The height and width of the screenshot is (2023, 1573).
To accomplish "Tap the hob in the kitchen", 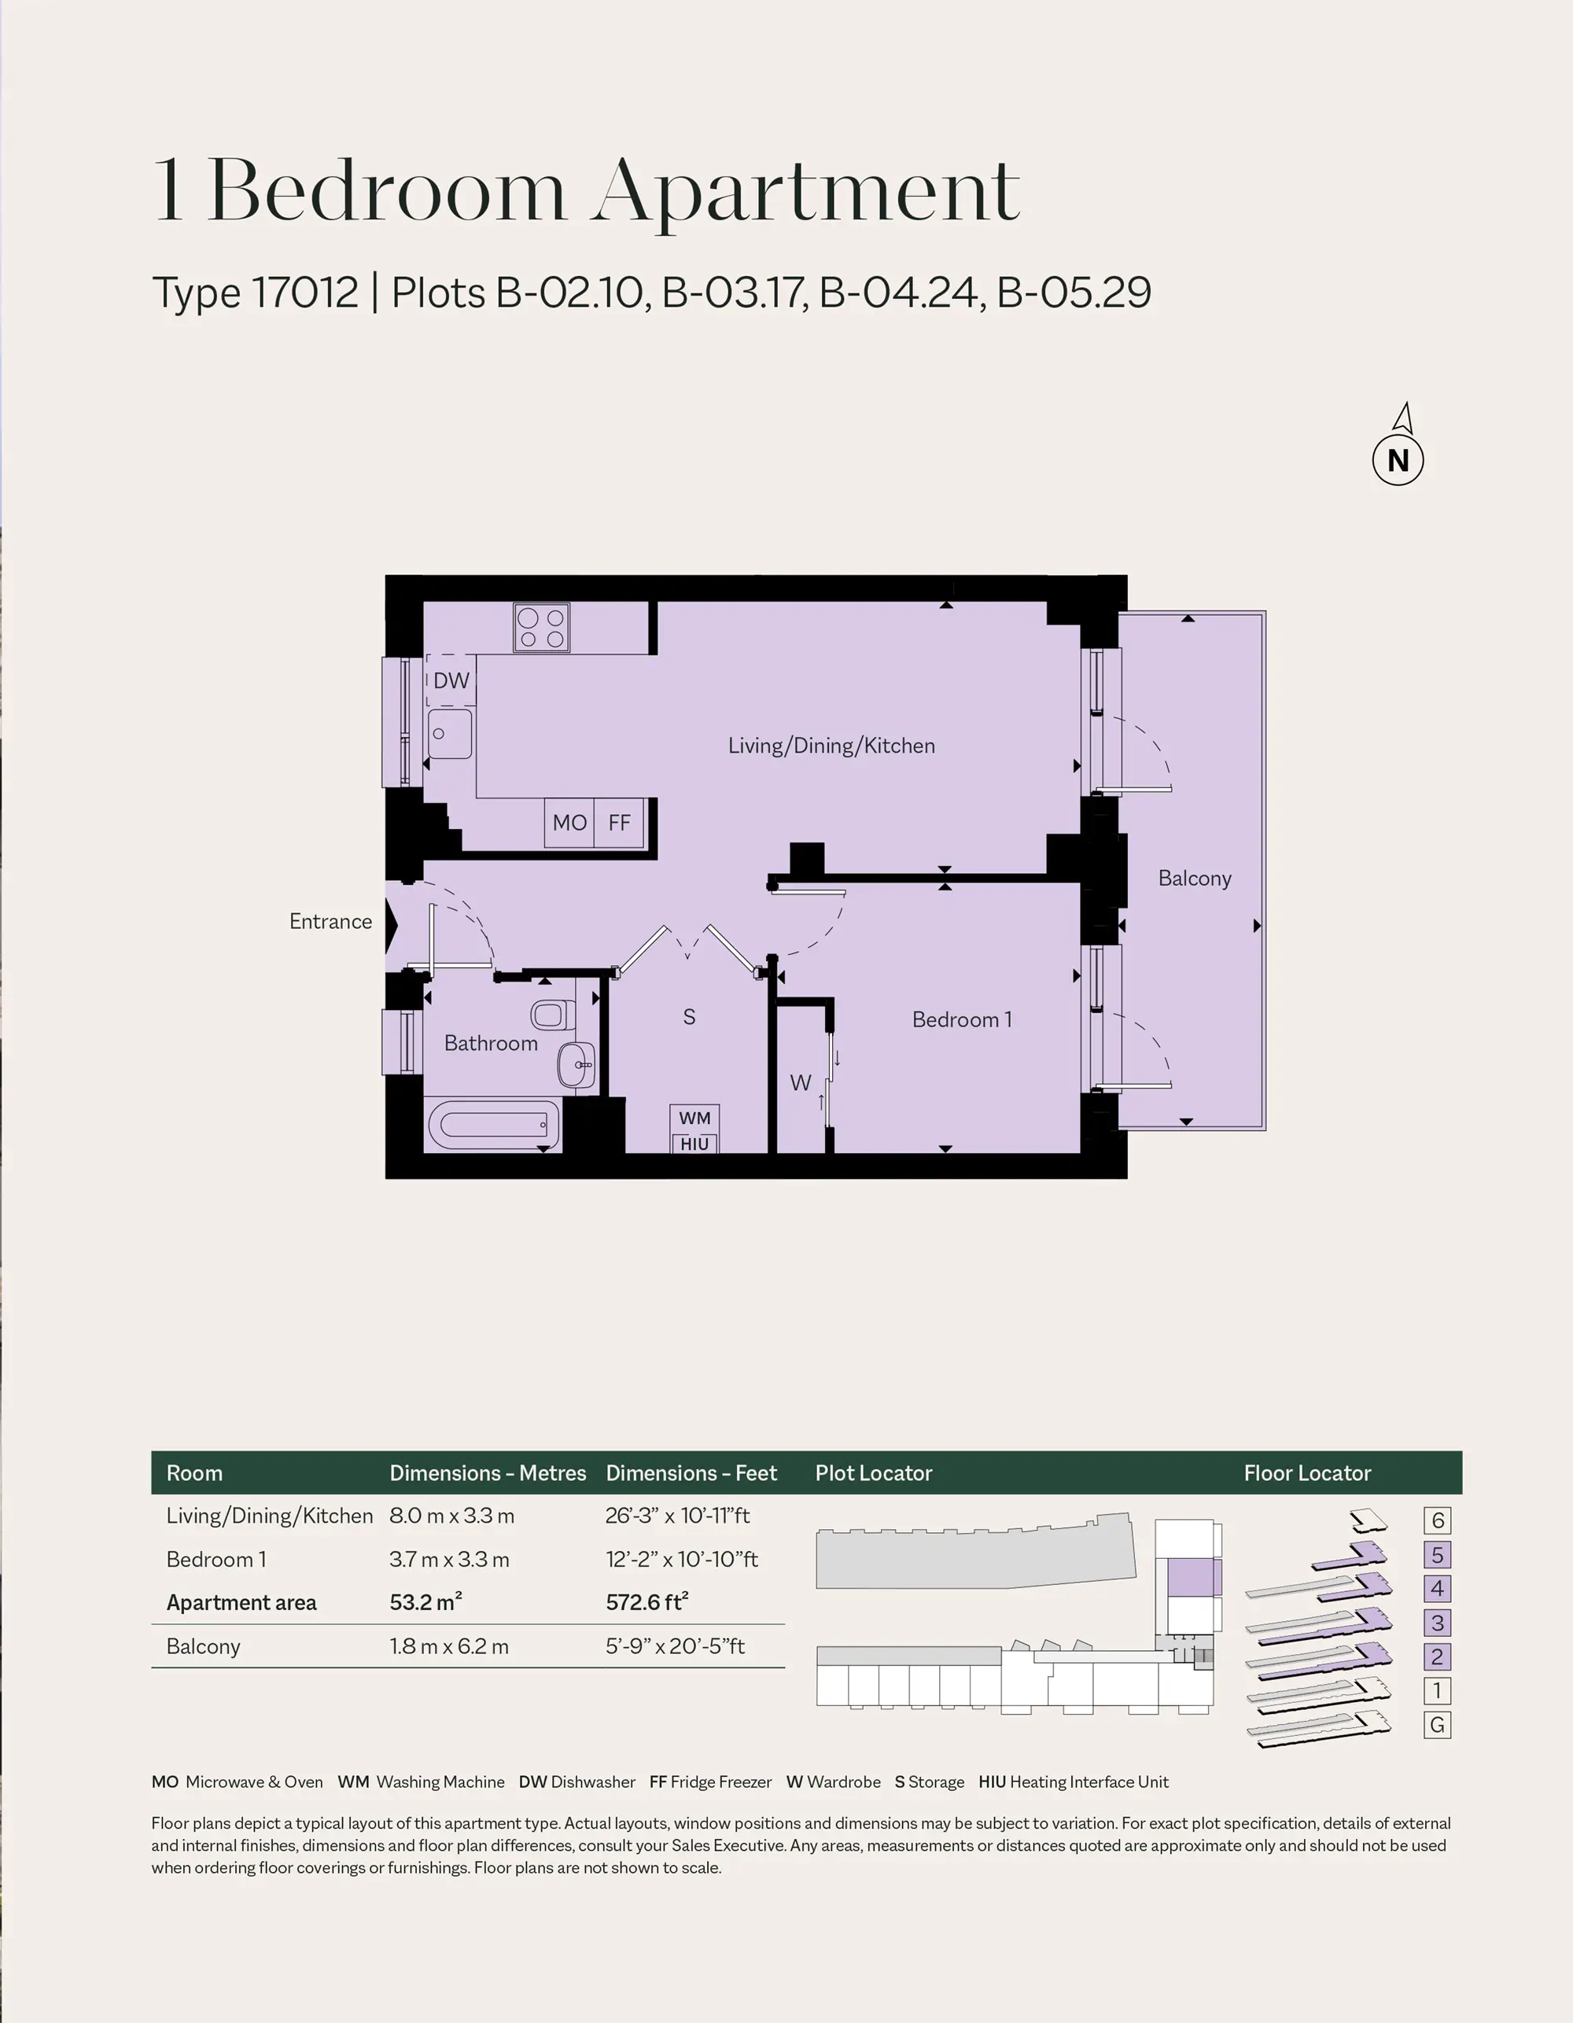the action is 542,627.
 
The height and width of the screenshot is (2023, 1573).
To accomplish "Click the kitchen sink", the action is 450,734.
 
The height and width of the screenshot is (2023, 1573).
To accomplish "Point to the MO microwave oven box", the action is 569,822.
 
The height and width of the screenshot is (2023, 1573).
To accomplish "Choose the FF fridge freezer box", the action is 619,822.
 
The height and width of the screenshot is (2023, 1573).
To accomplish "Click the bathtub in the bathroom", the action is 494,1125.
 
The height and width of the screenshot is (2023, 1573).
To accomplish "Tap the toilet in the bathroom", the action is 548,1015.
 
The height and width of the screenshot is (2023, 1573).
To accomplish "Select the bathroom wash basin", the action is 577,1064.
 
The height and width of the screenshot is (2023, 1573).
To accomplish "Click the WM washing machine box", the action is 694,1118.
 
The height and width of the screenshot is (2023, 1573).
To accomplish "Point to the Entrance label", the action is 330,921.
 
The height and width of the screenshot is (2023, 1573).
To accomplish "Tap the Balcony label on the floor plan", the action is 1194,878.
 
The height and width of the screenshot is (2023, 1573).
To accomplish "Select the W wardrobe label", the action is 801,1082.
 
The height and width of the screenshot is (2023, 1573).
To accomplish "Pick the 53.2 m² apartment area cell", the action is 426,1601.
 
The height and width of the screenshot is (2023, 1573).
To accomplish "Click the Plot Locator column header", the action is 874,1472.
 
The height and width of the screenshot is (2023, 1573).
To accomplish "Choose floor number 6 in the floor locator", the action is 1438,1520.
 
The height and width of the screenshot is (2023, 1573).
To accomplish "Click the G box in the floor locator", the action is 1438,1725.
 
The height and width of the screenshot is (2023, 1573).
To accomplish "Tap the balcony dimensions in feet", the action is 676,1646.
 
